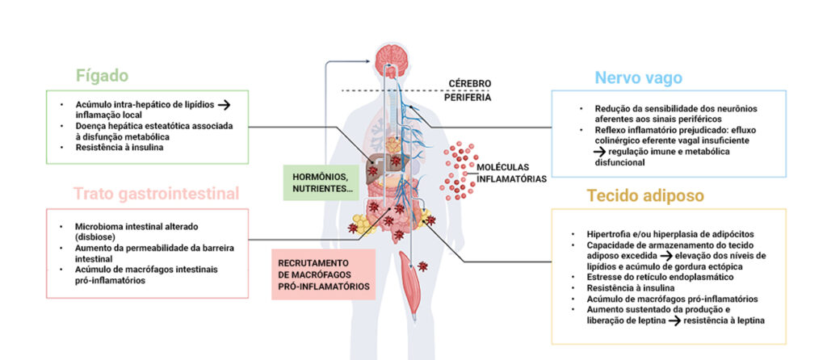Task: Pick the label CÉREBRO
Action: (468, 83)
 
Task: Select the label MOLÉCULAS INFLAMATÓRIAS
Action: (510, 174)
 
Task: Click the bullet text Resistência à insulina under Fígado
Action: (115, 148)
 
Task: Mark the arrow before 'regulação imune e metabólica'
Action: (590, 151)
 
